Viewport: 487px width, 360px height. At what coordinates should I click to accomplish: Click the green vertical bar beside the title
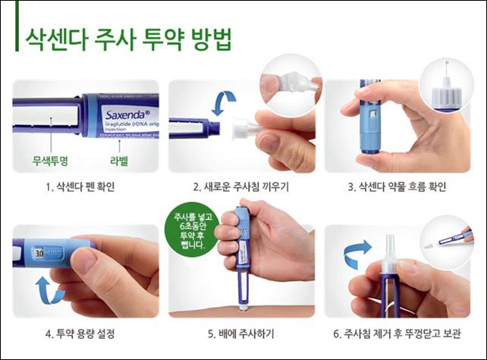click(x=16, y=36)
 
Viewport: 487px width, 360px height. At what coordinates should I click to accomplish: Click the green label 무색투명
click(x=49, y=159)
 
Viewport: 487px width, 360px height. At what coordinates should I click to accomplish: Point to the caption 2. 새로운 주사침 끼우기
click(x=243, y=186)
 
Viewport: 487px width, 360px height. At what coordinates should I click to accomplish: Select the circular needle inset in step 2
click(x=289, y=86)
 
